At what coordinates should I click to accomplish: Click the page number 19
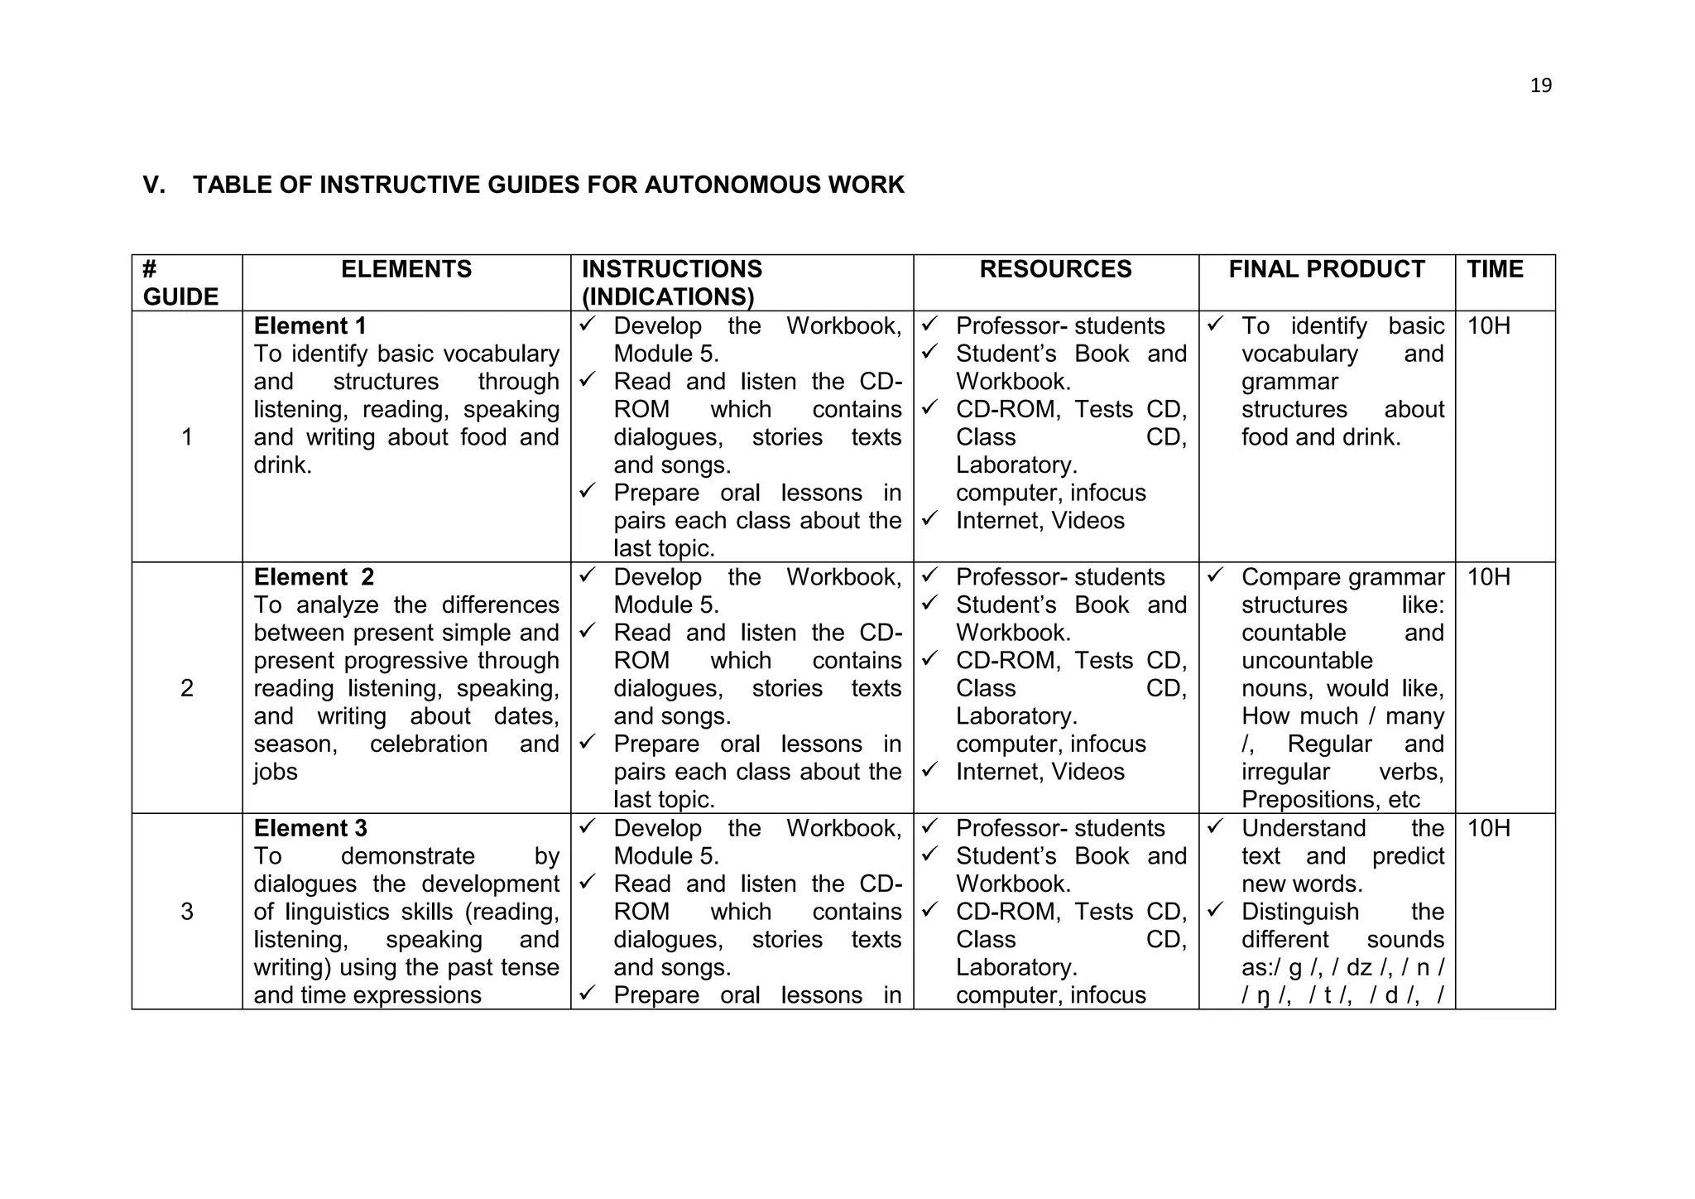click(x=1540, y=85)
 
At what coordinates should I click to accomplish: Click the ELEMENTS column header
click(x=406, y=269)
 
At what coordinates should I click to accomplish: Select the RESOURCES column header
click(x=1055, y=269)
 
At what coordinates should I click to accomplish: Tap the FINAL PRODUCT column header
click(x=1327, y=269)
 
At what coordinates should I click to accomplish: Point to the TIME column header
click(x=1495, y=269)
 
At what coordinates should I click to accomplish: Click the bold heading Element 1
click(x=310, y=326)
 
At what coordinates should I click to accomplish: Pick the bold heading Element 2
click(x=314, y=577)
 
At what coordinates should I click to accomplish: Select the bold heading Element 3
click(x=310, y=828)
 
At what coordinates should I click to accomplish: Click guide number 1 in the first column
click(x=187, y=437)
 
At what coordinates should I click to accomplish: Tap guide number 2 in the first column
click(x=187, y=688)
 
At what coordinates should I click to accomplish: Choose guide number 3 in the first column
click(x=187, y=912)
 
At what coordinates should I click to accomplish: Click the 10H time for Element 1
click(x=1488, y=326)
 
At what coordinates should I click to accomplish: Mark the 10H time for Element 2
click(x=1488, y=577)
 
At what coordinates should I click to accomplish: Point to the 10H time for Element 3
click(x=1488, y=828)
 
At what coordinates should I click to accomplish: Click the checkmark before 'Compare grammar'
click(x=1214, y=575)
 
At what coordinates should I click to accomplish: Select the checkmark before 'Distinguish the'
click(x=1214, y=909)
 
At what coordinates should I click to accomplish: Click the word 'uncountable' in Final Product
click(x=1306, y=661)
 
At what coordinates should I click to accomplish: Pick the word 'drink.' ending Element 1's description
click(x=283, y=465)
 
